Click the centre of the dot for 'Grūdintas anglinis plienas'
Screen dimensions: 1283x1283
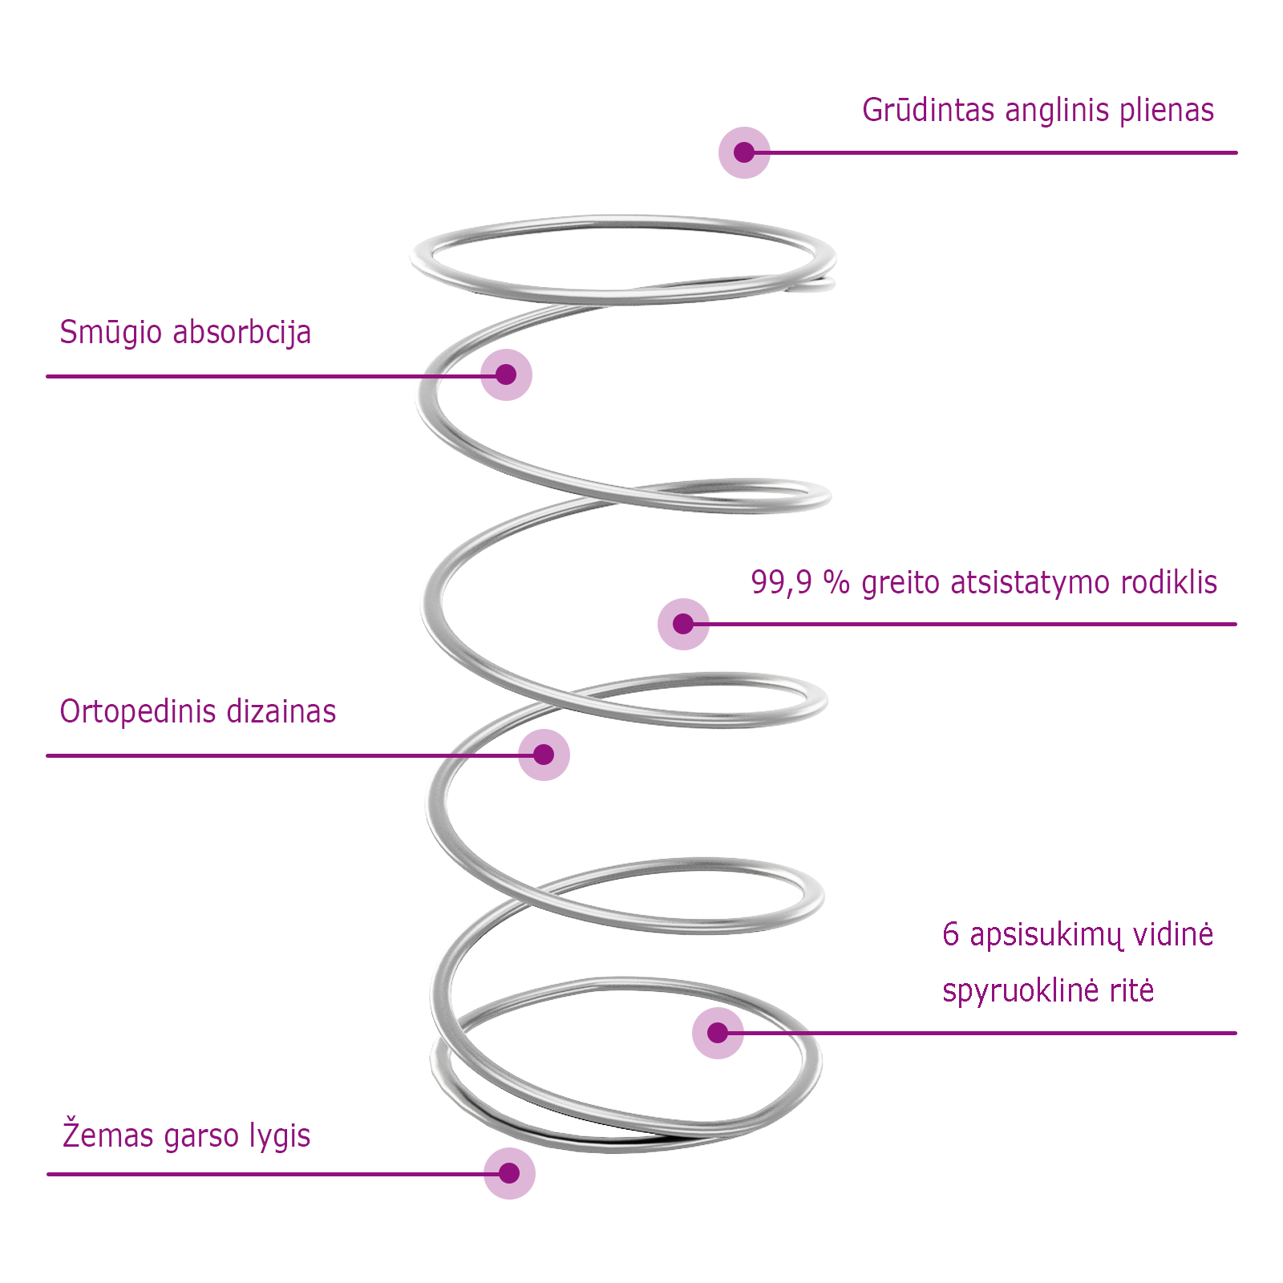(744, 152)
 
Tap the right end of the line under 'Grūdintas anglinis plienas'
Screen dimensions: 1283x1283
(1236, 152)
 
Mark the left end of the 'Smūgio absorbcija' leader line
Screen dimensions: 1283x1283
(47, 376)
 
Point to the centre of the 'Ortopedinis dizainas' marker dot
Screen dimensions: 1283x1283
(544, 755)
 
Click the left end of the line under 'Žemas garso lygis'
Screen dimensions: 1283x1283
(48, 1174)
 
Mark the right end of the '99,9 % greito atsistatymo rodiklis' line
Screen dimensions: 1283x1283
(1236, 624)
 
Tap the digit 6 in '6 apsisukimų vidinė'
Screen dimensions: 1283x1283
(951, 934)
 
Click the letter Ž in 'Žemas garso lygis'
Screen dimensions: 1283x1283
(71, 1134)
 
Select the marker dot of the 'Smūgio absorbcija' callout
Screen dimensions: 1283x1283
(506, 374)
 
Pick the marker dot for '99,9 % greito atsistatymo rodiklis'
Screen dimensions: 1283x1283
(683, 624)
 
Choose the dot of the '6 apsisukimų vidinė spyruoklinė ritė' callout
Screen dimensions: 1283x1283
(718, 1033)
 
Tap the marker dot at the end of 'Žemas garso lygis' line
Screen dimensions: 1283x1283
(509, 1173)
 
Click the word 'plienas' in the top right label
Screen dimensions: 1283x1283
(1167, 111)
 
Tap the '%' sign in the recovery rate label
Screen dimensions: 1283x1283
(836, 583)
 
